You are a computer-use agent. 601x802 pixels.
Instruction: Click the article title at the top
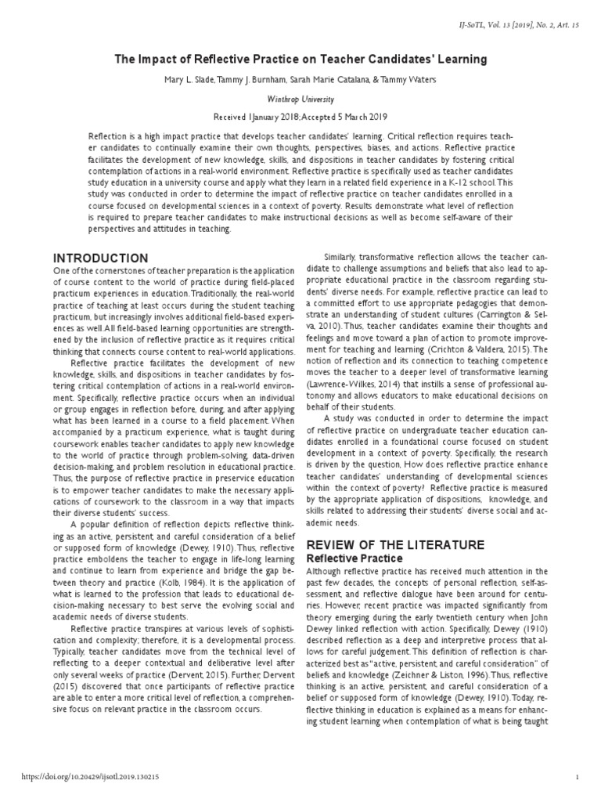point(300,59)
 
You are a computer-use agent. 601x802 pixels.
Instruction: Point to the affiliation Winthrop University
point(300,99)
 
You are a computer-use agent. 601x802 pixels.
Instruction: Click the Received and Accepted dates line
point(300,116)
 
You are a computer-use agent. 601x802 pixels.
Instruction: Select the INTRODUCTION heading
point(99,258)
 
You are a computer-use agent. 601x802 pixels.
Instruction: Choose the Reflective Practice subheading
point(353,558)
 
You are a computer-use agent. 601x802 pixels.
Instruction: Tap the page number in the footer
point(576,777)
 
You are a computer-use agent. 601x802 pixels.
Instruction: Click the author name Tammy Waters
point(414,80)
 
